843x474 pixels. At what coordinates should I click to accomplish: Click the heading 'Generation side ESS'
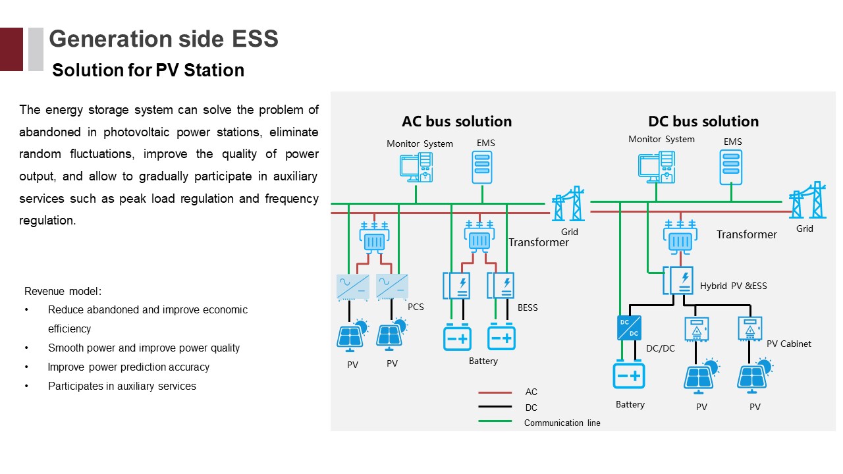tap(163, 39)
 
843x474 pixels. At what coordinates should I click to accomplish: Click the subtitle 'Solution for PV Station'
tap(148, 70)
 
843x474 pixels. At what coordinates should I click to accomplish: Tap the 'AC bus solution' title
tap(456, 122)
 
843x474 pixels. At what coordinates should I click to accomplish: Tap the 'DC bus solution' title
tap(703, 122)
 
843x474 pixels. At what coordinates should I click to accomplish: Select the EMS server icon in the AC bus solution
tap(482, 167)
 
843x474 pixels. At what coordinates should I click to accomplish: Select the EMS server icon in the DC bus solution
tap(731, 166)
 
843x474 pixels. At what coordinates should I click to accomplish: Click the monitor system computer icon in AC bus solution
tap(416, 167)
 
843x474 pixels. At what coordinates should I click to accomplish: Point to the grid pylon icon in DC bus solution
tap(807, 200)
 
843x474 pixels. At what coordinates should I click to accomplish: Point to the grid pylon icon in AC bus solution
tap(568, 203)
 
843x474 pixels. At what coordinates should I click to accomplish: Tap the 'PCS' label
tap(416, 307)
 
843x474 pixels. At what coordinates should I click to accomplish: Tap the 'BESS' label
tap(528, 307)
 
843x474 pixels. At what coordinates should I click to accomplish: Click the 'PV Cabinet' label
tap(788, 344)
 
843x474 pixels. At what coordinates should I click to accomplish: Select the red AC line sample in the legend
tap(495, 393)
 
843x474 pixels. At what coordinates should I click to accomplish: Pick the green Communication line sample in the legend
tap(495, 421)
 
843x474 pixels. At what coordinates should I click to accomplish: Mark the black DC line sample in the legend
tap(495, 408)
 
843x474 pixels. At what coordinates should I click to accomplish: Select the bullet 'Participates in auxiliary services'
tap(122, 386)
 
